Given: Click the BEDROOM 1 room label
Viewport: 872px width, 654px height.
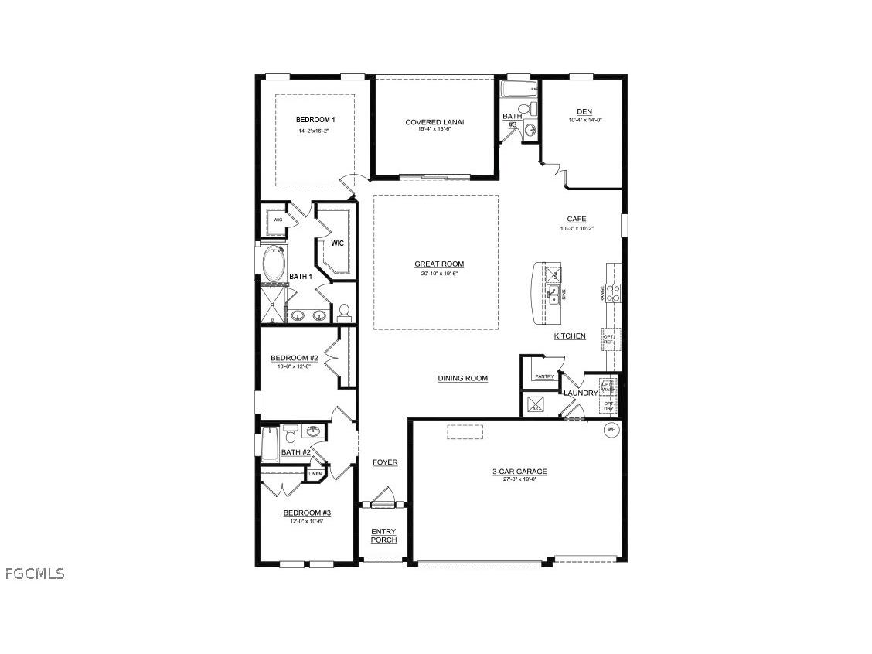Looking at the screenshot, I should pyautogui.click(x=315, y=120).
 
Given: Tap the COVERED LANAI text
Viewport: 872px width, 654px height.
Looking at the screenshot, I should pyautogui.click(x=434, y=122).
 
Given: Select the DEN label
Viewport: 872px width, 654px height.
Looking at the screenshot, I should pyautogui.click(x=584, y=111).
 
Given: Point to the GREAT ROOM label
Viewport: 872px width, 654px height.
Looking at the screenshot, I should pyautogui.click(x=439, y=264).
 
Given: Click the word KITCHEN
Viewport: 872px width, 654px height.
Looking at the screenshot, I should pyautogui.click(x=570, y=336).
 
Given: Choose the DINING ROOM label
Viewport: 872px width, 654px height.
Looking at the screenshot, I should pyautogui.click(x=463, y=378).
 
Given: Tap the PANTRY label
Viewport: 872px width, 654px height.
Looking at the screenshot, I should pyautogui.click(x=545, y=376).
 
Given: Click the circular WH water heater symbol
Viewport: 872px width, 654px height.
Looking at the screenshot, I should pyautogui.click(x=611, y=430).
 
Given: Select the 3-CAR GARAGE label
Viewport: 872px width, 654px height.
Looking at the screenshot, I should pyautogui.click(x=519, y=471).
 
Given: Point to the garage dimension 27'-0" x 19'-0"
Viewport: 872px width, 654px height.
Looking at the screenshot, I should pyautogui.click(x=519, y=479).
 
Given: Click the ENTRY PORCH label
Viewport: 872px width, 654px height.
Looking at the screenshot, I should pyautogui.click(x=383, y=536).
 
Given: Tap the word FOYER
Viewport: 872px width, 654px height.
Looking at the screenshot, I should pyautogui.click(x=385, y=462).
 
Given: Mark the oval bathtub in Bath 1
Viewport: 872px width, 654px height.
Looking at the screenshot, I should pyautogui.click(x=274, y=264).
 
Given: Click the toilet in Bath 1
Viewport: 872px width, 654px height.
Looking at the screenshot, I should pyautogui.click(x=345, y=312).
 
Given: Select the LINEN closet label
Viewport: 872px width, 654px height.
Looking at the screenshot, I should pyautogui.click(x=315, y=473).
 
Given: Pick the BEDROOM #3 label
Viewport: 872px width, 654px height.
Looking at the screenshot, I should pyautogui.click(x=307, y=513).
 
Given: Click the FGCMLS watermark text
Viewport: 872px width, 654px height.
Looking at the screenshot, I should pyautogui.click(x=35, y=574).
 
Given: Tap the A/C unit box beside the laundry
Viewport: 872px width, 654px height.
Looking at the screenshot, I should pyautogui.click(x=534, y=404).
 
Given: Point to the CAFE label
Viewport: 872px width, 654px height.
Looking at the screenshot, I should pyautogui.click(x=577, y=220).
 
